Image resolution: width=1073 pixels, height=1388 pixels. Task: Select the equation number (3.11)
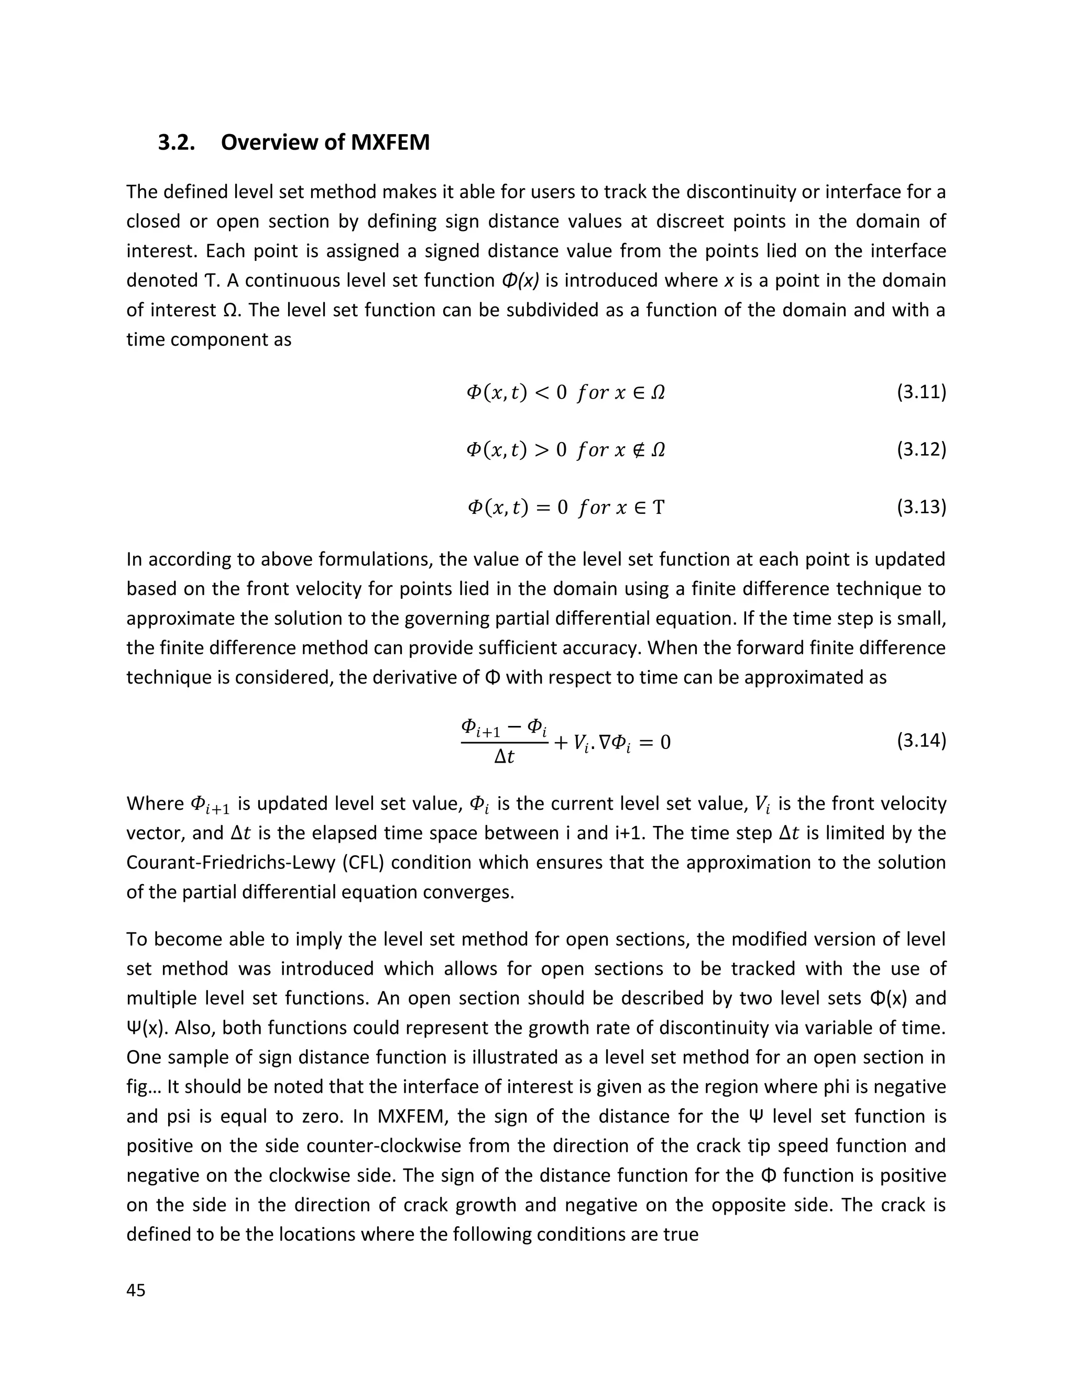coord(921,392)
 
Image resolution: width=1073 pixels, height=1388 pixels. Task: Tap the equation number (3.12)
coord(921,449)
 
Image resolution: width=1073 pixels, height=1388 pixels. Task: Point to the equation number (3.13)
coord(921,506)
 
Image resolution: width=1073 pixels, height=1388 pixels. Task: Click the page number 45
coord(136,1290)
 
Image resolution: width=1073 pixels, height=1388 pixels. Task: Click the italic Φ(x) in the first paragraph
coord(520,280)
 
